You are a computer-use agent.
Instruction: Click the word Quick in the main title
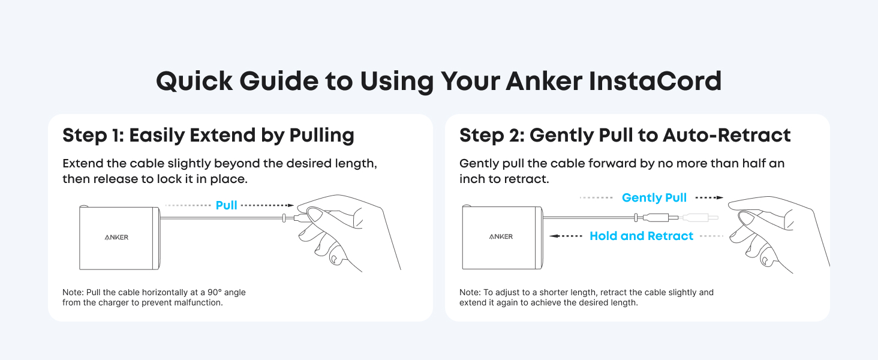click(x=194, y=82)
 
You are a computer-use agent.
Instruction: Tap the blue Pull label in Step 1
click(x=226, y=205)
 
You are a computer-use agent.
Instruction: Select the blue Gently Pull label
click(x=654, y=197)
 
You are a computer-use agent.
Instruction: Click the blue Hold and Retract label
click(x=641, y=236)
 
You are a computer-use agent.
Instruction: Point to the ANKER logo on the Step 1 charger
click(x=116, y=237)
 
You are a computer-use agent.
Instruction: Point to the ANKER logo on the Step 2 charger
click(x=501, y=236)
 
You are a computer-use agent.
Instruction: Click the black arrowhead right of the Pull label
click(x=290, y=205)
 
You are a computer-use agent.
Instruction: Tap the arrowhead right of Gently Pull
click(x=720, y=197)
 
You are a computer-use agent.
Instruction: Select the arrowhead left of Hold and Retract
click(x=553, y=236)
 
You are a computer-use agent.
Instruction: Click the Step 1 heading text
click(x=208, y=136)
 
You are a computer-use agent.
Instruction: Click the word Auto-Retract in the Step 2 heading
click(x=727, y=135)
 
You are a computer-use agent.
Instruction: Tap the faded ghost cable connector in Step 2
click(x=700, y=217)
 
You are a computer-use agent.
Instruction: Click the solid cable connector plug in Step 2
click(x=657, y=217)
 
